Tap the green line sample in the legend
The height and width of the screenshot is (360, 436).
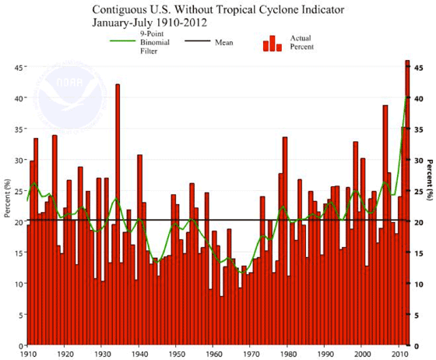(106, 42)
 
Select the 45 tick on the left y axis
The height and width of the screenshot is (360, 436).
(17, 68)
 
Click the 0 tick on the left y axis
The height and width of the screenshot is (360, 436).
(19, 345)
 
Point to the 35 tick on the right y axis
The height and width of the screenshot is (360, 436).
(419, 130)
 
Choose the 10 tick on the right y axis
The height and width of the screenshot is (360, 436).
(419, 284)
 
